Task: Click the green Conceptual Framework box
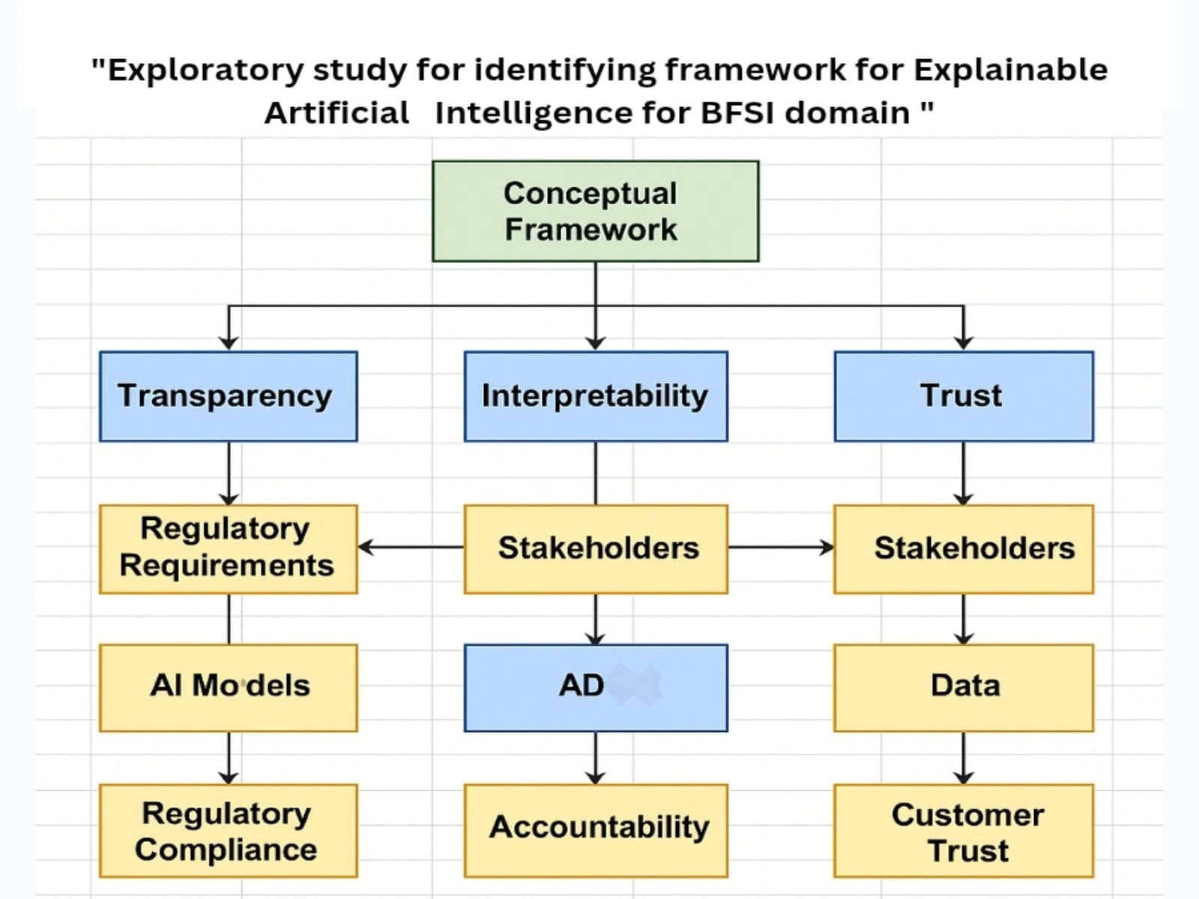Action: tap(595, 211)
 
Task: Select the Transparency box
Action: tap(228, 396)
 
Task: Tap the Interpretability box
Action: tap(595, 396)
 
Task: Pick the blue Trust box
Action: tap(963, 396)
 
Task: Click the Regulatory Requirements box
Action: tap(228, 548)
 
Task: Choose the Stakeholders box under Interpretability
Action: tap(595, 548)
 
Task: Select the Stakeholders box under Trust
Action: tap(963, 548)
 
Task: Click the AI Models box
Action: tap(228, 687)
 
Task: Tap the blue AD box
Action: tap(595, 687)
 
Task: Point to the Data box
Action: tap(963, 687)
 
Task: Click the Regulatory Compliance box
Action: tap(228, 830)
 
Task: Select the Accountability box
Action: tap(595, 830)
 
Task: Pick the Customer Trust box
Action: tap(963, 830)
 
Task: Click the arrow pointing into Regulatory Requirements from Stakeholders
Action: tap(411, 548)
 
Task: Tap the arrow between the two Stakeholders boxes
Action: tap(780, 548)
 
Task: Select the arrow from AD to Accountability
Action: tap(595, 757)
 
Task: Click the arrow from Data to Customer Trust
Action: tap(963, 757)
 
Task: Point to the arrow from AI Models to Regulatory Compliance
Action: tap(229, 757)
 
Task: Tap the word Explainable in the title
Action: tap(1009, 70)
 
